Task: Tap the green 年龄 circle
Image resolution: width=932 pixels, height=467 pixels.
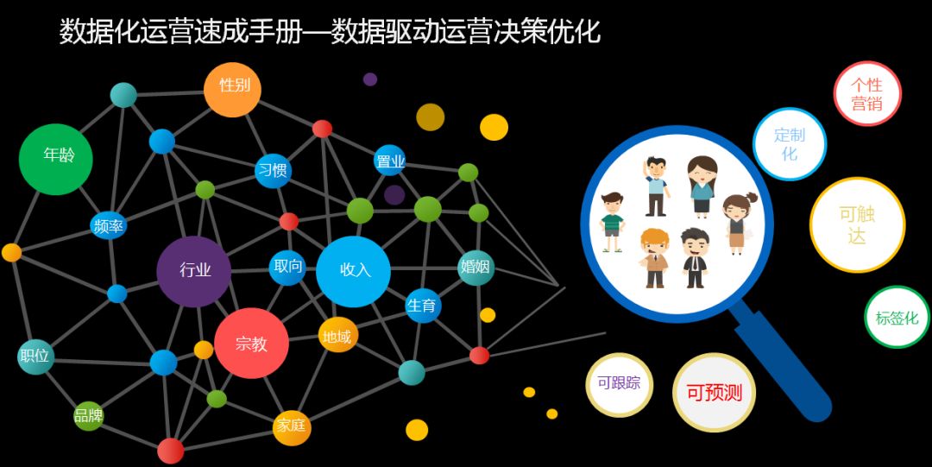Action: click(56, 158)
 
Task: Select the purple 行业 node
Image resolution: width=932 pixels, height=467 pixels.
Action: click(194, 271)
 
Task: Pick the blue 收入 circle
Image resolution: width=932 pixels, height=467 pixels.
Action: click(354, 271)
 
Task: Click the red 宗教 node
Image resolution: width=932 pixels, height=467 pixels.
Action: click(251, 344)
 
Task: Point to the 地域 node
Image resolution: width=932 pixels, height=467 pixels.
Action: click(337, 336)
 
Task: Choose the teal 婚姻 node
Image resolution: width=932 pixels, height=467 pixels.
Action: click(475, 268)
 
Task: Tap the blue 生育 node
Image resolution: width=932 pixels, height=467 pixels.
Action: click(423, 306)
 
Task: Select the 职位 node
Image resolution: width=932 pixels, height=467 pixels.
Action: click(35, 356)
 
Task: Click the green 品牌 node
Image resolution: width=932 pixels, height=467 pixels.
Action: click(88, 416)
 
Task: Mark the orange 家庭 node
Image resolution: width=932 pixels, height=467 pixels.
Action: click(292, 427)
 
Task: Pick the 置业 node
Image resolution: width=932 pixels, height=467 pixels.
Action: click(390, 161)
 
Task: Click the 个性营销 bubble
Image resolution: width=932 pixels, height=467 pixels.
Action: click(867, 94)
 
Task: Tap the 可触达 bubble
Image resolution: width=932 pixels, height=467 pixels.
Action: click(857, 224)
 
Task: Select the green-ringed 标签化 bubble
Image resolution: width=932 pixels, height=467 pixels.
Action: click(897, 318)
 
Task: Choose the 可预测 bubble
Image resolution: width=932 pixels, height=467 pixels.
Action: click(714, 393)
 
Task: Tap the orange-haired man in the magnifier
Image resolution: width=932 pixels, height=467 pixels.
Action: click(655, 258)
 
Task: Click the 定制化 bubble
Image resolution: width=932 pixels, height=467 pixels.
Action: click(790, 144)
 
